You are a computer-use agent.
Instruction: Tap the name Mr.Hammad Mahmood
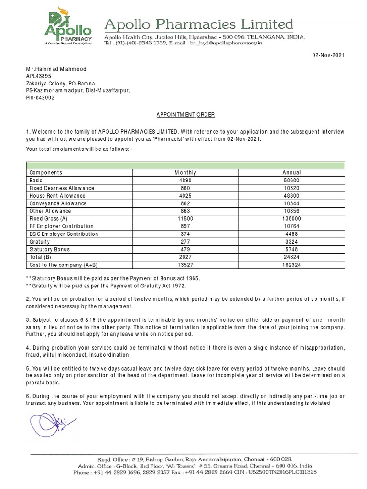point(56,69)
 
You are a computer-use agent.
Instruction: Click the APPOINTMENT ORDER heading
point(186,115)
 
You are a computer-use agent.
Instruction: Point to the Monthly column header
point(185,173)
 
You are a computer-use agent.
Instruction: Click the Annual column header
point(291,173)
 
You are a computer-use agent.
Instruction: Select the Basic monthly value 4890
point(185,181)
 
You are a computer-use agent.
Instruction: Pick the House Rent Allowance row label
point(57,196)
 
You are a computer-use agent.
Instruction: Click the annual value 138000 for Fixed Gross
point(291,219)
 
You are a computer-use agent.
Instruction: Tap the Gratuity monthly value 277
point(185,242)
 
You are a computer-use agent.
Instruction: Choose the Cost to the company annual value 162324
point(291,265)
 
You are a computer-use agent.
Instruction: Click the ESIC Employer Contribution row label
point(64,234)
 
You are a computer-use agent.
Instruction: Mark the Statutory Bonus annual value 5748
point(291,249)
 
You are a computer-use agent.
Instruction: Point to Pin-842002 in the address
point(40,97)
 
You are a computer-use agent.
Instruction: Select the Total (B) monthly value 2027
point(185,257)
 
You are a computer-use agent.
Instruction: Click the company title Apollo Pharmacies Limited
point(199,24)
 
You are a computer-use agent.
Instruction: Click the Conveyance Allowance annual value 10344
point(291,203)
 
